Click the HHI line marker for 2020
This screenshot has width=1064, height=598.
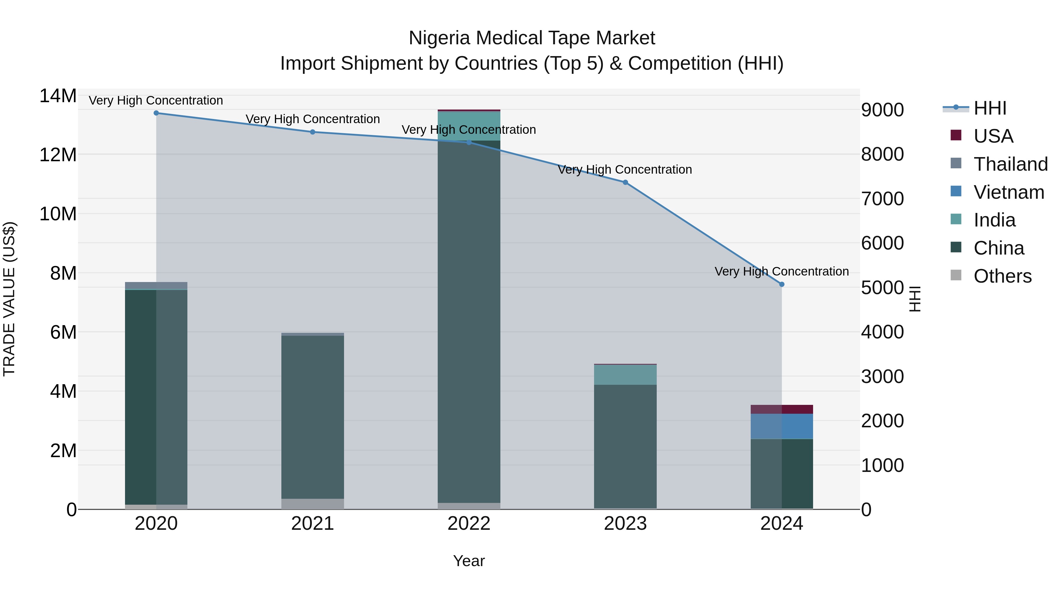[x=156, y=113]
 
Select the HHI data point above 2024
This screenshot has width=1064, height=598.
[x=781, y=284]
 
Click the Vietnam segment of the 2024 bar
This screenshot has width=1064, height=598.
[x=781, y=426]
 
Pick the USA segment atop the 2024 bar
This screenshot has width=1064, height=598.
[x=781, y=409]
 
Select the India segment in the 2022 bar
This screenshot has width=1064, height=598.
[x=469, y=126]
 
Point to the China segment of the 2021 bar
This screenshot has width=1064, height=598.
[x=313, y=417]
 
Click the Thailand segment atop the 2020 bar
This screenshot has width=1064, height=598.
[x=156, y=286]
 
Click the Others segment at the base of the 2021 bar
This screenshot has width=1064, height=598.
[x=313, y=504]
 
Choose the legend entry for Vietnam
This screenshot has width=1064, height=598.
[x=1009, y=192]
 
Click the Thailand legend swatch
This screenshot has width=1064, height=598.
[x=956, y=163]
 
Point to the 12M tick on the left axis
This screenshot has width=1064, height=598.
[x=58, y=155]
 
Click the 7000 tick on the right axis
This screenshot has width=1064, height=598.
[x=882, y=199]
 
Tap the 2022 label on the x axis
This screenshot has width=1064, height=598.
[x=469, y=524]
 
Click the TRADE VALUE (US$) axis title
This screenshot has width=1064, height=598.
[x=9, y=299]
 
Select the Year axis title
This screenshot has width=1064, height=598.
[x=469, y=561]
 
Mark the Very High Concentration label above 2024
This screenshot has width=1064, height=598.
[x=781, y=272]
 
